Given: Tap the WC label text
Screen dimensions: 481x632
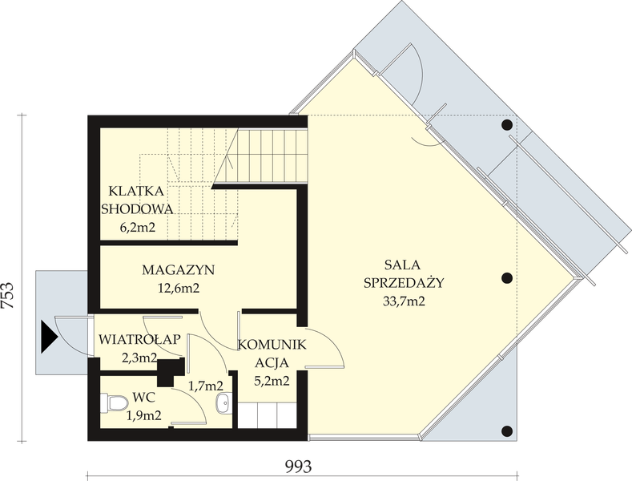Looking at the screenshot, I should pos(144,397).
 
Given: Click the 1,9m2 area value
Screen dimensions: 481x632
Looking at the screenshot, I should pos(144,414).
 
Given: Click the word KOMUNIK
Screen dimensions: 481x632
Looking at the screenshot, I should pos(272,346).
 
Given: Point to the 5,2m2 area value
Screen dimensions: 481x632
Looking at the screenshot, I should pos(272,382).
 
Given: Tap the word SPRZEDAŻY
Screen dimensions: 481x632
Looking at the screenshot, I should pos(404,282).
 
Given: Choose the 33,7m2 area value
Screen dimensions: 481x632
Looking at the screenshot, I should pos(404,301).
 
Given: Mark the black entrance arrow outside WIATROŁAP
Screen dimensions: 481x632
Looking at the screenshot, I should pos(50,334).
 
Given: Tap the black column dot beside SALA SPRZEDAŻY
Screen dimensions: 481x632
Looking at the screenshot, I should pos(506,278).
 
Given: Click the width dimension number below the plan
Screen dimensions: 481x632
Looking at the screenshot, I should pos(296,464).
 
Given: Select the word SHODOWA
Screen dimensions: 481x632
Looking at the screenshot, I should pos(137,209).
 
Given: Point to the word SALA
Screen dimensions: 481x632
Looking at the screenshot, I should pos(404,264).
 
